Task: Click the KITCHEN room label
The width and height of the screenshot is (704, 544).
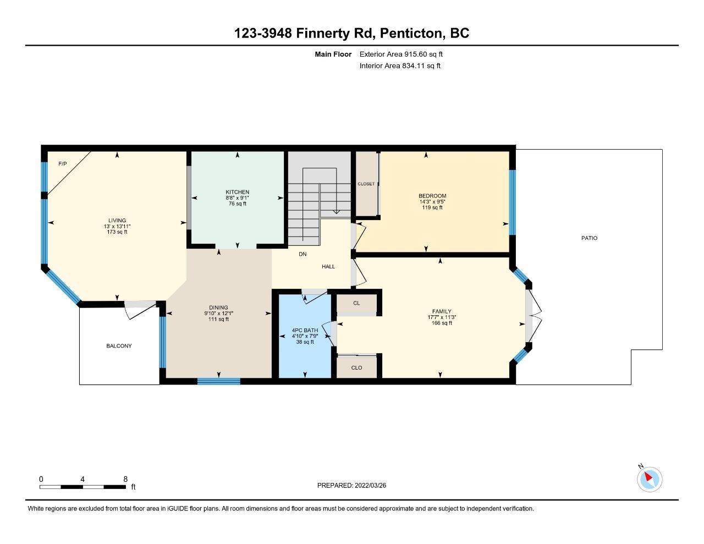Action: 238,192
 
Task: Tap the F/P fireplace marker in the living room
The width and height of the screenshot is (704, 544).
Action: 63,164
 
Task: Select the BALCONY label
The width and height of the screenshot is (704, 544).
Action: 119,346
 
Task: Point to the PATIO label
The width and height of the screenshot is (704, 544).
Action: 589,238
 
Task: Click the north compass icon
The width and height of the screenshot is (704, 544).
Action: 649,479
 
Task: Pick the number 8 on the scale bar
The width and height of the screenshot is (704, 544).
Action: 125,479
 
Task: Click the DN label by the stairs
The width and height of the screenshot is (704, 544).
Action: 302,254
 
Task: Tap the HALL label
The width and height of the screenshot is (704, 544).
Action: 328,267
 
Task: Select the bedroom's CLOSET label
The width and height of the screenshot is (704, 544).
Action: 366,184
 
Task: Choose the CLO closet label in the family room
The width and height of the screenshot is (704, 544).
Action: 357,368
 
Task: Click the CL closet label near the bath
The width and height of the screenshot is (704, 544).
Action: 356,303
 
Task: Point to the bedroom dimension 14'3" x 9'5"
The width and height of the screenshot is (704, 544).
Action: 432,201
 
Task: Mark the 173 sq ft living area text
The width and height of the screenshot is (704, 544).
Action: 117,232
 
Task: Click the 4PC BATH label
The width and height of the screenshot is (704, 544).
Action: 305,331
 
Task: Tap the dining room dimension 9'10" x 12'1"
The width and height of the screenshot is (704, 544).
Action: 218,314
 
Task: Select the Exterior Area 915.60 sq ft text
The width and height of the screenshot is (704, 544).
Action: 401,54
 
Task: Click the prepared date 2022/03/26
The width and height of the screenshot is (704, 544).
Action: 370,485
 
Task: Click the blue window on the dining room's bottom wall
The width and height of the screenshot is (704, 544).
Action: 219,381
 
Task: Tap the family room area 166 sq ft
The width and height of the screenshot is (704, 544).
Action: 442,323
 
